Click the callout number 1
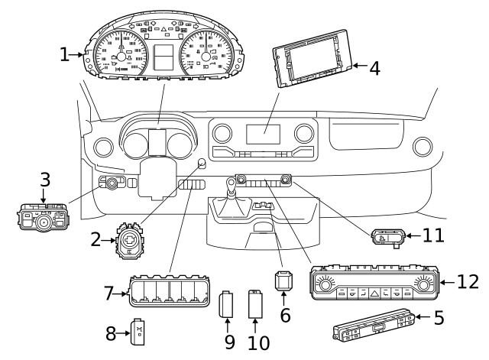[x=65, y=54]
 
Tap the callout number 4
[x=374, y=67]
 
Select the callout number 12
[x=468, y=282]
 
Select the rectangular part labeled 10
[x=256, y=305]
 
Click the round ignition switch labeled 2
[x=128, y=241]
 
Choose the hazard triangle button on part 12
[x=374, y=291]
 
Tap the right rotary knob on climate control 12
[x=424, y=285]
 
